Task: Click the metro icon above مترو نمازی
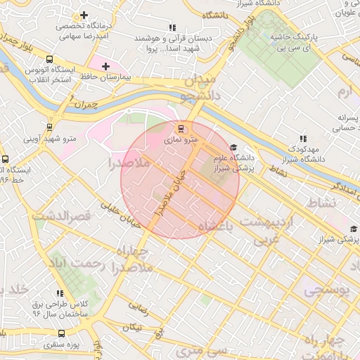pos(181,129)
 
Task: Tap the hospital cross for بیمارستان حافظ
pos(105,67)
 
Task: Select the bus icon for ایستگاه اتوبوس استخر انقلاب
pos(49,60)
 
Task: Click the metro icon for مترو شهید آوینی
pos(49,127)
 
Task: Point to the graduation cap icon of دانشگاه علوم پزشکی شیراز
pos(233,148)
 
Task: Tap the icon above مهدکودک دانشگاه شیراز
pos(303,139)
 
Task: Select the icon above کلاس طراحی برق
pos(60,293)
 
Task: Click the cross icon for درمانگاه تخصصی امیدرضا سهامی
pos(84,15)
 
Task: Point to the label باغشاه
pos(216,226)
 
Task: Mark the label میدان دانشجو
pos(204,84)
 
